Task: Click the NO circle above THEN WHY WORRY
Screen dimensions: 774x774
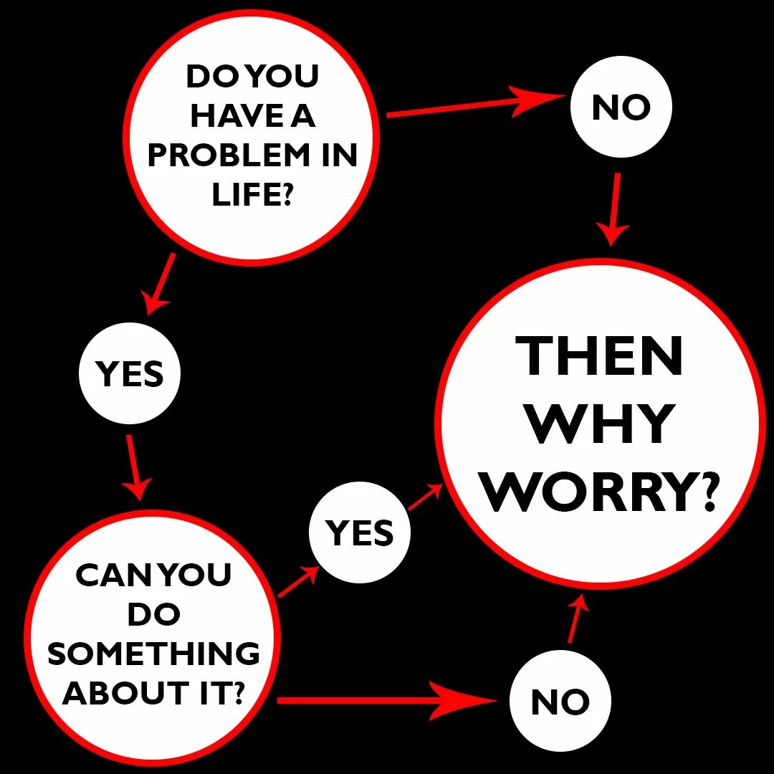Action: click(x=621, y=108)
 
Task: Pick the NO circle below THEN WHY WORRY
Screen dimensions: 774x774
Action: click(x=560, y=702)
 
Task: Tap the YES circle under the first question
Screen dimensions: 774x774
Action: click(x=130, y=374)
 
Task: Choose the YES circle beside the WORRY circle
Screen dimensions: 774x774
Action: click(x=360, y=533)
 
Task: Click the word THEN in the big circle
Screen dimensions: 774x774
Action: click(x=599, y=357)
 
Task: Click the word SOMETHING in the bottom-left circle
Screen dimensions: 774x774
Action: click(x=153, y=654)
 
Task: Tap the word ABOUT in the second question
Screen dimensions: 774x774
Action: click(x=113, y=693)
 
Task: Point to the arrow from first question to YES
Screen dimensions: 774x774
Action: click(x=160, y=283)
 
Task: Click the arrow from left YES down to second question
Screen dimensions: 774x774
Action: click(x=134, y=466)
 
